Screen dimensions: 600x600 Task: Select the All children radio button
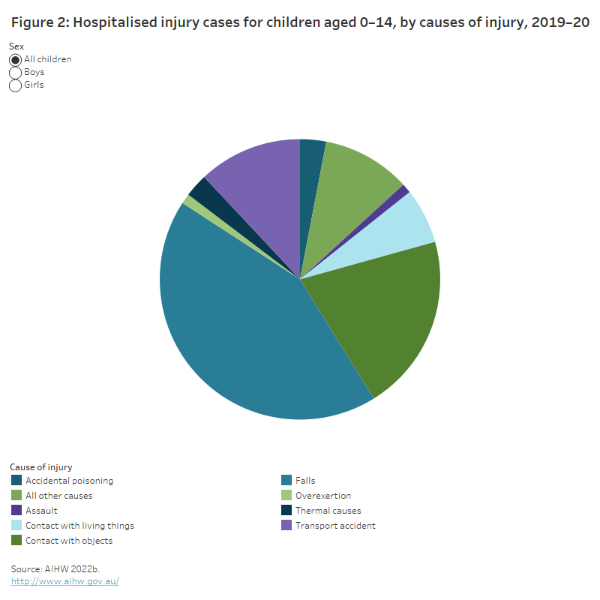16,59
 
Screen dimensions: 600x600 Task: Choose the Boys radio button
16,72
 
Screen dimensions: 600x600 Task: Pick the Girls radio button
16,85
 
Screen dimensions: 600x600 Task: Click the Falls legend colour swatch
286,481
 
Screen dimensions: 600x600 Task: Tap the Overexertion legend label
323,496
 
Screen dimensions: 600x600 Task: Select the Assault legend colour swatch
16,511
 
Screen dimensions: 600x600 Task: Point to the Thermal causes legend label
328,511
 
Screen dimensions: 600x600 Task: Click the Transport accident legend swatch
286,526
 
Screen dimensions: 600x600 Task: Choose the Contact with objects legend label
69,541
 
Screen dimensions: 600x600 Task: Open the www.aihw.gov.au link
64,581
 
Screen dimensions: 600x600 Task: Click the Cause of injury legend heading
41,466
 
